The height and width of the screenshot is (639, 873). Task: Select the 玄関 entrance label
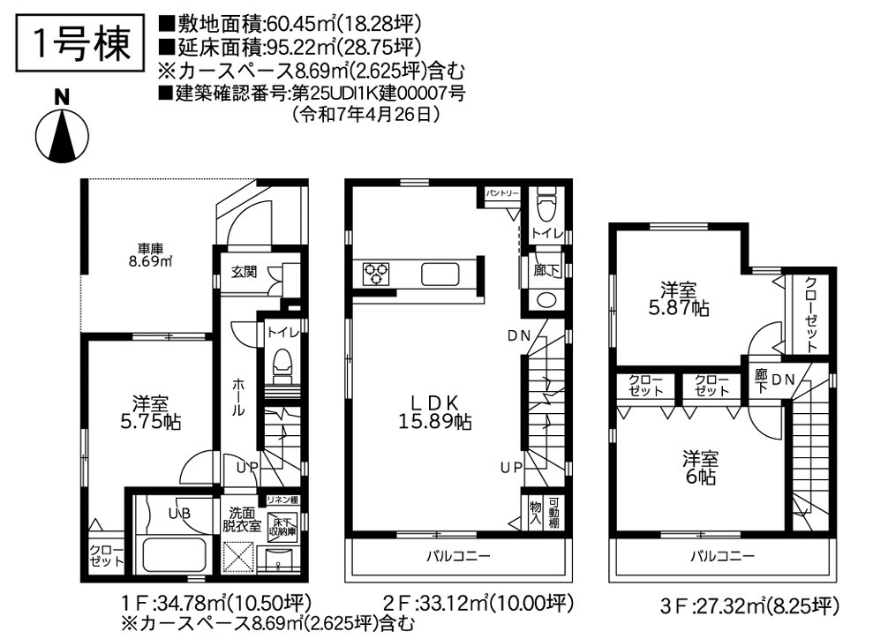point(245,271)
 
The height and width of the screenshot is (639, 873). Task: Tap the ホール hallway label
point(238,398)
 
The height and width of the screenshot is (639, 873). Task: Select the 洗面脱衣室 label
point(243,518)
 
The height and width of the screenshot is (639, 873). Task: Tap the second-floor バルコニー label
point(458,555)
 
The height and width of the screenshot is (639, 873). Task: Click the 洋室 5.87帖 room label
point(678,299)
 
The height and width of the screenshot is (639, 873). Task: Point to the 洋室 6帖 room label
point(698,469)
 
